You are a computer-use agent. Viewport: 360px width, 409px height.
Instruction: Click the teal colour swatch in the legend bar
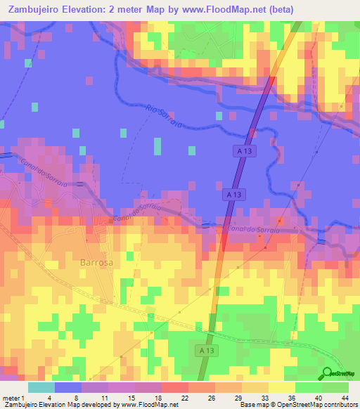[41, 387]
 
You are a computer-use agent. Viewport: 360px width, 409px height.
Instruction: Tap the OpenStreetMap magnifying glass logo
[327, 374]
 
